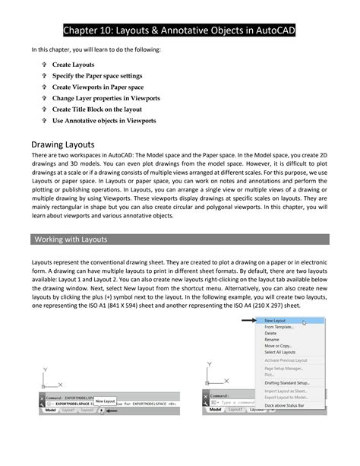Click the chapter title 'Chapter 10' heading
pos(179,30)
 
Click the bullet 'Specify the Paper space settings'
pos(96,76)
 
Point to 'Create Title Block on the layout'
pos(98,109)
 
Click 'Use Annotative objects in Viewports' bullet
pos(104,121)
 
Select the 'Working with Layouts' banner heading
pos(71,239)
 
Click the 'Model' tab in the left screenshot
pos(50,410)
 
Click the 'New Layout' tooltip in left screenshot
pos(105,401)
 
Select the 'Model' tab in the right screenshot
pos(216,409)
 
